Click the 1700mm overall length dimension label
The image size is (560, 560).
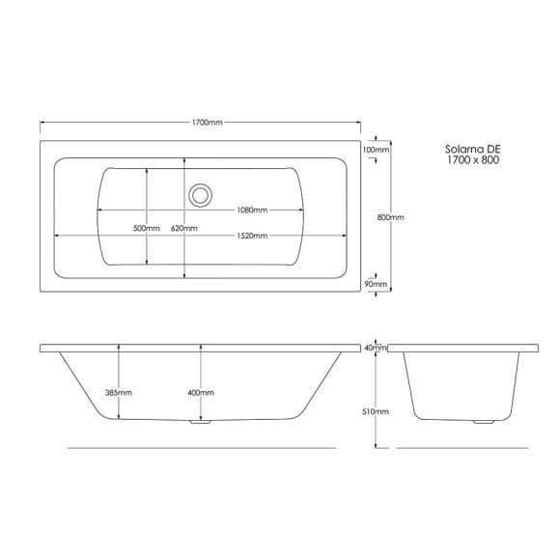tap(208, 123)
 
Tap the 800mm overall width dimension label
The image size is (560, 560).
tap(391, 217)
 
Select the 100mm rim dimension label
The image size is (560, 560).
tap(376, 150)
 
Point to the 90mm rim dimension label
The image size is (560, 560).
tap(376, 284)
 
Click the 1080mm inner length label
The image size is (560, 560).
tap(252, 210)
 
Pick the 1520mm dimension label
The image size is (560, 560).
tap(252, 236)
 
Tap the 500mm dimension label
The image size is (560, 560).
tap(147, 228)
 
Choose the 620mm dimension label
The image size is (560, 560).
tap(183, 228)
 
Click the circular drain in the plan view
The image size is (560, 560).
tap(200, 195)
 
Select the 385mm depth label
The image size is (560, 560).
tap(119, 393)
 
